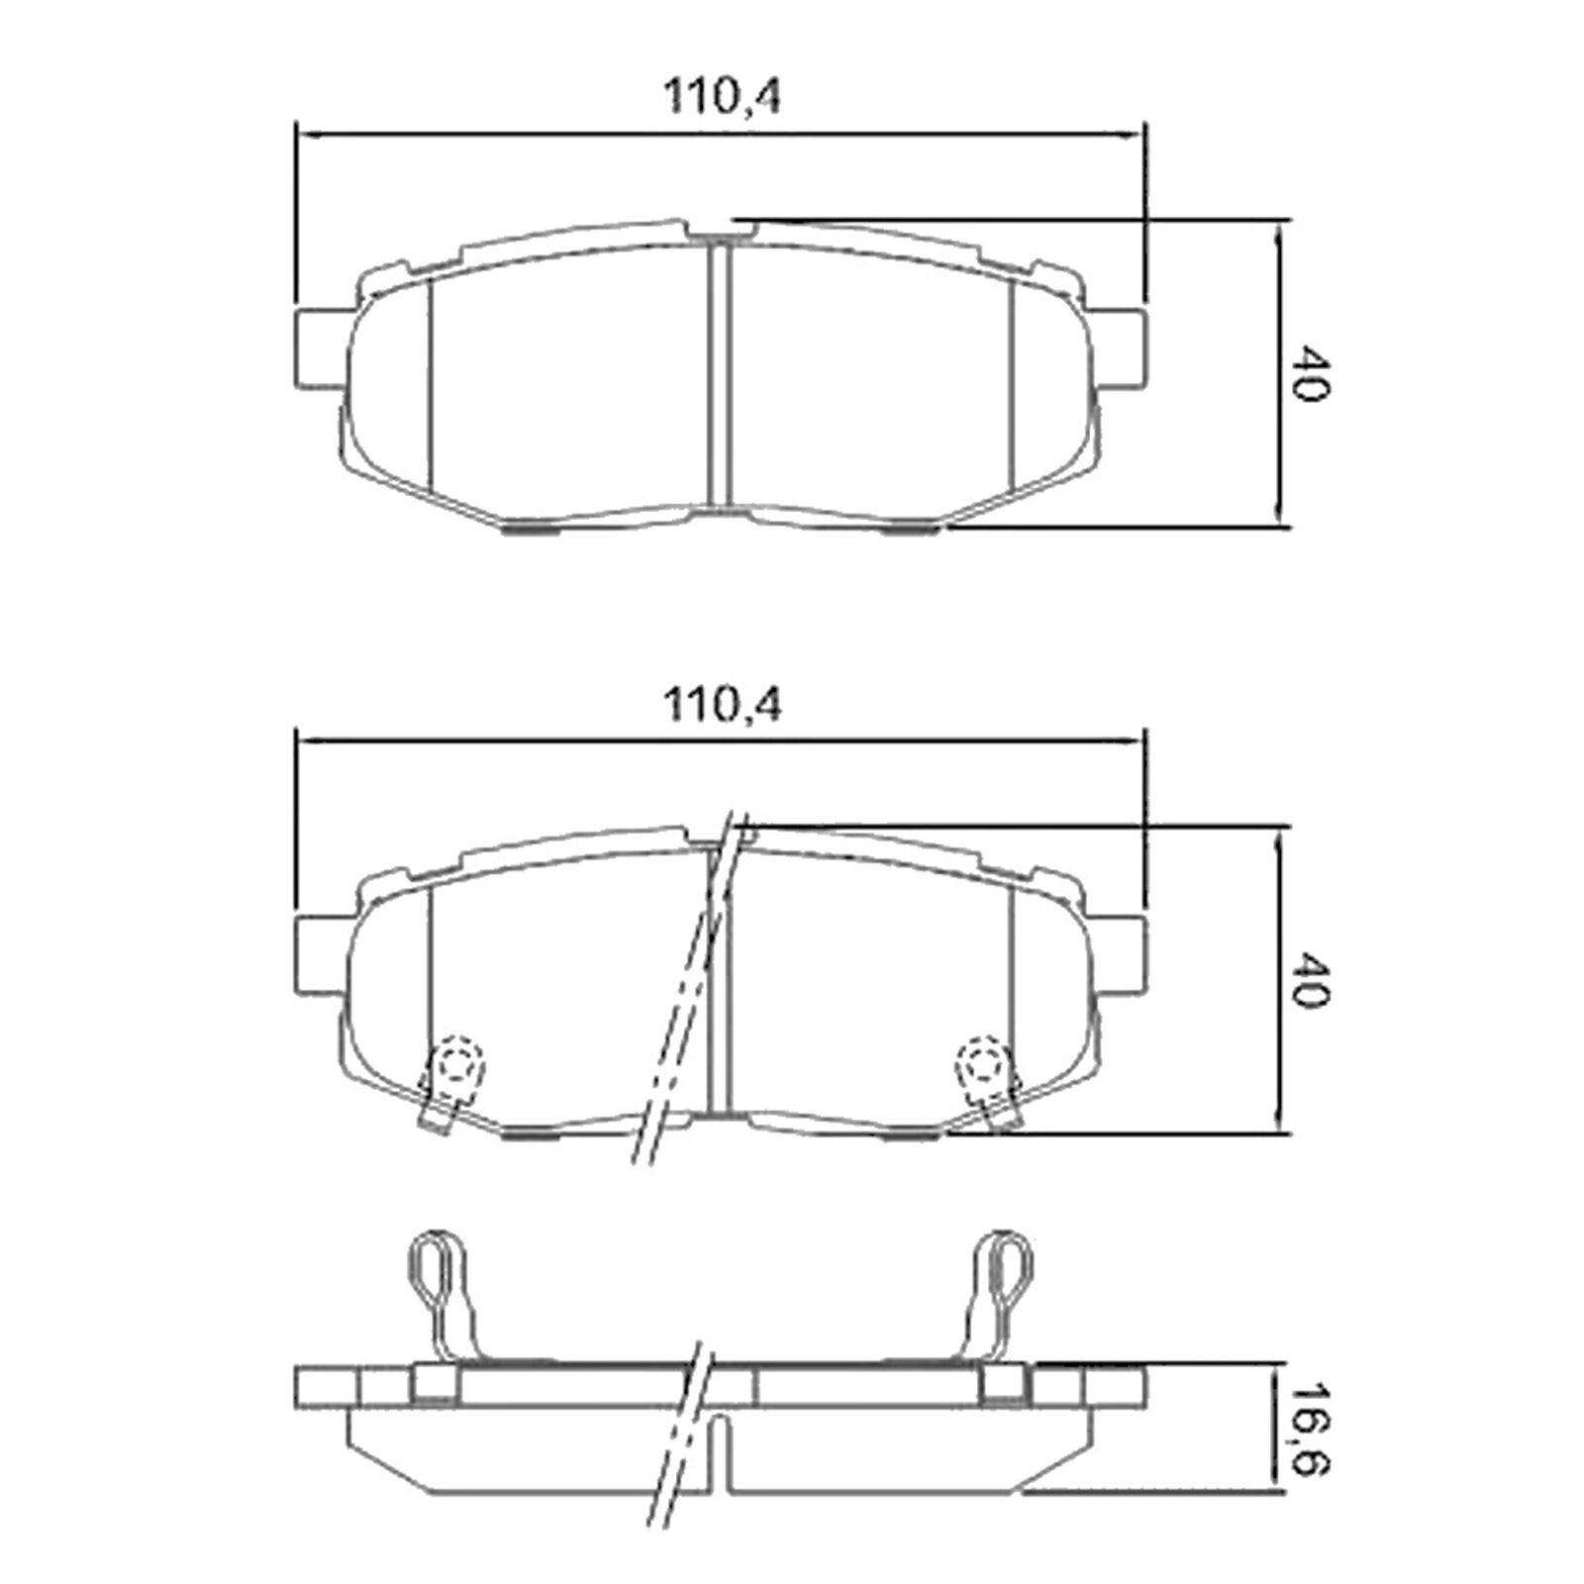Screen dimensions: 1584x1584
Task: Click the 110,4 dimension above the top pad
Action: pos(721,98)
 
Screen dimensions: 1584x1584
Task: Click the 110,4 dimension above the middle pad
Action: pos(721,706)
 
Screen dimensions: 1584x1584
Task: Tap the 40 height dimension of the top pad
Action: pos(1309,373)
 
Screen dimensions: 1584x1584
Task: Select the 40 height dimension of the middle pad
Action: pos(1309,980)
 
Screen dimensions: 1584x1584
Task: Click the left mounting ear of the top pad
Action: pos(323,347)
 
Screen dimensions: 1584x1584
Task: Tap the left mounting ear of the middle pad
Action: pos(323,955)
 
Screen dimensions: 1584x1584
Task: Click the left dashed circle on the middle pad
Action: pos(456,1065)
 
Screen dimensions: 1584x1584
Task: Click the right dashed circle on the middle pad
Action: pos(983,1065)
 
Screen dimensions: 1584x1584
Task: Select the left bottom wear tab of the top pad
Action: pos(531,530)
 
